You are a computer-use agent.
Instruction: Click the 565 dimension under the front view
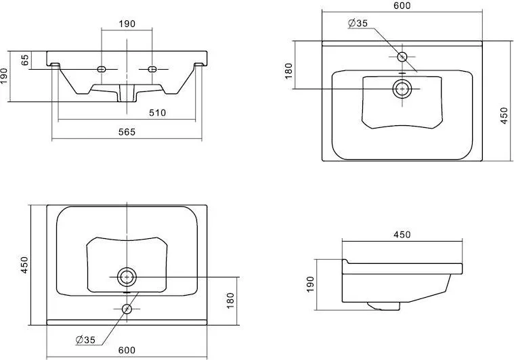(127, 132)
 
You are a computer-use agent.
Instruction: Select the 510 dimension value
(157, 113)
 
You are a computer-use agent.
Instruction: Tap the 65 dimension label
(25, 60)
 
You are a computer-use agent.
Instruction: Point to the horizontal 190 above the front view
(127, 24)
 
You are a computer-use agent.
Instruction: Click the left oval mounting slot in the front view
(102, 69)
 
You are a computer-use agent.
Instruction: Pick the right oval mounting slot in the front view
(152, 69)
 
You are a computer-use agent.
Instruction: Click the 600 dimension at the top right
(402, 5)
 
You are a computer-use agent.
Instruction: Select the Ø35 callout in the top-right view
(358, 23)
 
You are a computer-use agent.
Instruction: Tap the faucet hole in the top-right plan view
(402, 57)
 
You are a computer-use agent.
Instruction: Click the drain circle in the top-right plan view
(402, 89)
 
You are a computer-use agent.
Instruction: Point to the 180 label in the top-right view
(288, 71)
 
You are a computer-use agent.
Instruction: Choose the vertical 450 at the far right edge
(505, 115)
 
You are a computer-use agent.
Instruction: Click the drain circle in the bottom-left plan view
(127, 277)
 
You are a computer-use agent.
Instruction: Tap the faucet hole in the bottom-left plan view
(127, 309)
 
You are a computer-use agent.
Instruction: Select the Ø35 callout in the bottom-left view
(85, 340)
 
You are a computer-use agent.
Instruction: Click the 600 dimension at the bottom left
(127, 350)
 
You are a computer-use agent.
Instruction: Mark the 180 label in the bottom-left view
(230, 300)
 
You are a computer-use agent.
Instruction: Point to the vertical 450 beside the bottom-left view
(25, 265)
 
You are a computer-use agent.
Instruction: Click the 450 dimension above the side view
(402, 235)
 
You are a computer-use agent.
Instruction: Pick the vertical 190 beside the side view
(310, 284)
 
